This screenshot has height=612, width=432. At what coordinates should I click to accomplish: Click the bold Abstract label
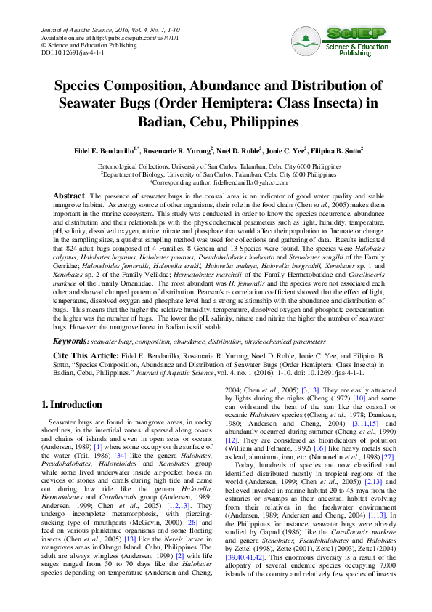tap(70, 197)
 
